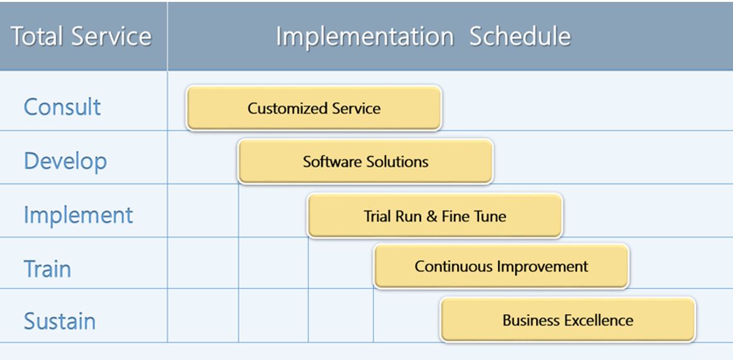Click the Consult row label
click(x=62, y=107)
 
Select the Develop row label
click(x=65, y=161)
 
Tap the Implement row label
click(x=79, y=215)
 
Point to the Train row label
click(x=47, y=269)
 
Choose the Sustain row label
click(x=60, y=321)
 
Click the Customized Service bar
click(x=314, y=108)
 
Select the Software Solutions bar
click(x=366, y=161)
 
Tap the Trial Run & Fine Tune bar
click(x=435, y=215)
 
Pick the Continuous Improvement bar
click(x=502, y=266)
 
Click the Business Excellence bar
click(x=568, y=320)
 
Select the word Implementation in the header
click(x=365, y=36)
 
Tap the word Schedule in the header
click(x=521, y=36)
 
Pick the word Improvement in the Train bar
click(x=543, y=266)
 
